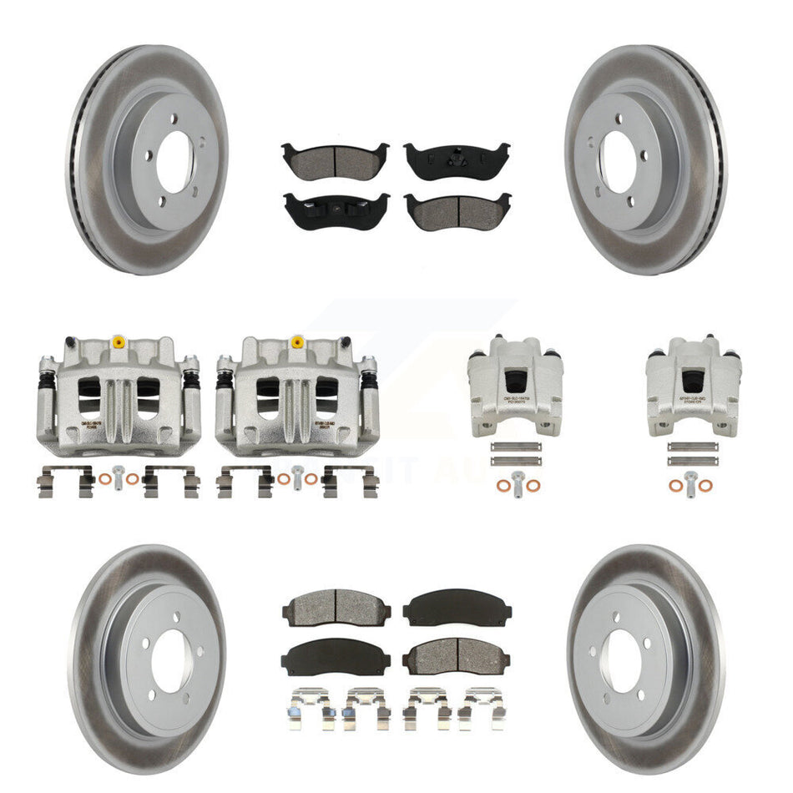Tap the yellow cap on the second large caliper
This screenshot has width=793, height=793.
click(x=297, y=341)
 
